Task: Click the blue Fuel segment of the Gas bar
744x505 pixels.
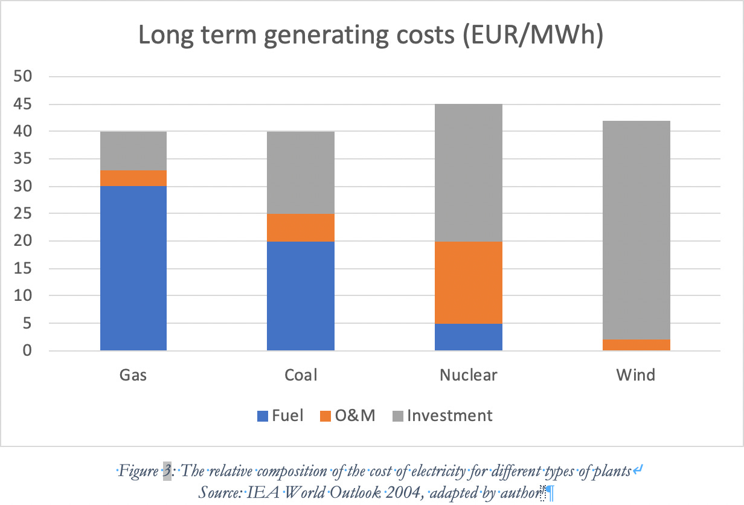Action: click(x=133, y=268)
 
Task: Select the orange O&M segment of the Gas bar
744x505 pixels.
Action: click(x=133, y=178)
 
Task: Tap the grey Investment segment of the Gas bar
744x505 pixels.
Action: click(x=133, y=151)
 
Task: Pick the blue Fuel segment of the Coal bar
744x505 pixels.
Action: click(x=301, y=295)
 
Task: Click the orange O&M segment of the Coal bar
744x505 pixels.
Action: click(x=301, y=227)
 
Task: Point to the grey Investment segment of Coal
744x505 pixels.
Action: click(x=301, y=172)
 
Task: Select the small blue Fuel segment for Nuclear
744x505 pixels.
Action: click(x=469, y=336)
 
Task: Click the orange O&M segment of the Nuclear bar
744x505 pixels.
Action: click(x=469, y=282)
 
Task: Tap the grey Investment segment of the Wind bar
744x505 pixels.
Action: click(x=636, y=230)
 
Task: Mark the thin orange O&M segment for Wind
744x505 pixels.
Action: click(x=636, y=345)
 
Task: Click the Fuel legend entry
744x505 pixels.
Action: click(x=280, y=416)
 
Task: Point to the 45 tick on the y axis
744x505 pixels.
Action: click(x=28, y=105)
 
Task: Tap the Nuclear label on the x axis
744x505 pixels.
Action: click(x=469, y=375)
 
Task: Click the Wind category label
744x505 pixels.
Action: click(x=636, y=375)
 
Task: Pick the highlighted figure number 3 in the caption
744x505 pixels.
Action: click(x=167, y=471)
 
